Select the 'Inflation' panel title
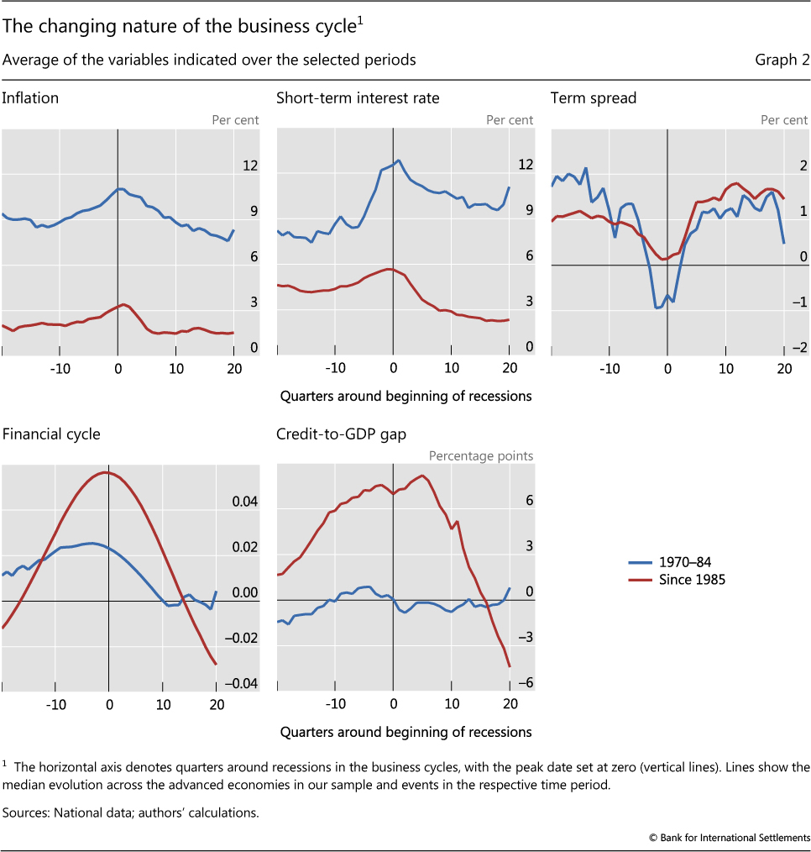[30, 98]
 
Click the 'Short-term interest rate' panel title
[358, 98]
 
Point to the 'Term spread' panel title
[594, 98]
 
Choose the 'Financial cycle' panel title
[51, 434]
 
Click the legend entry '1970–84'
[688, 563]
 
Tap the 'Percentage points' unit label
[481, 456]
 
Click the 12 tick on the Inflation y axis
[250, 166]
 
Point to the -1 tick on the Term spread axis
[799, 302]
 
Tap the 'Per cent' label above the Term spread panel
[784, 120]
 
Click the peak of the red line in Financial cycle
[106, 472]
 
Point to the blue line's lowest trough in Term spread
[657, 308]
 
